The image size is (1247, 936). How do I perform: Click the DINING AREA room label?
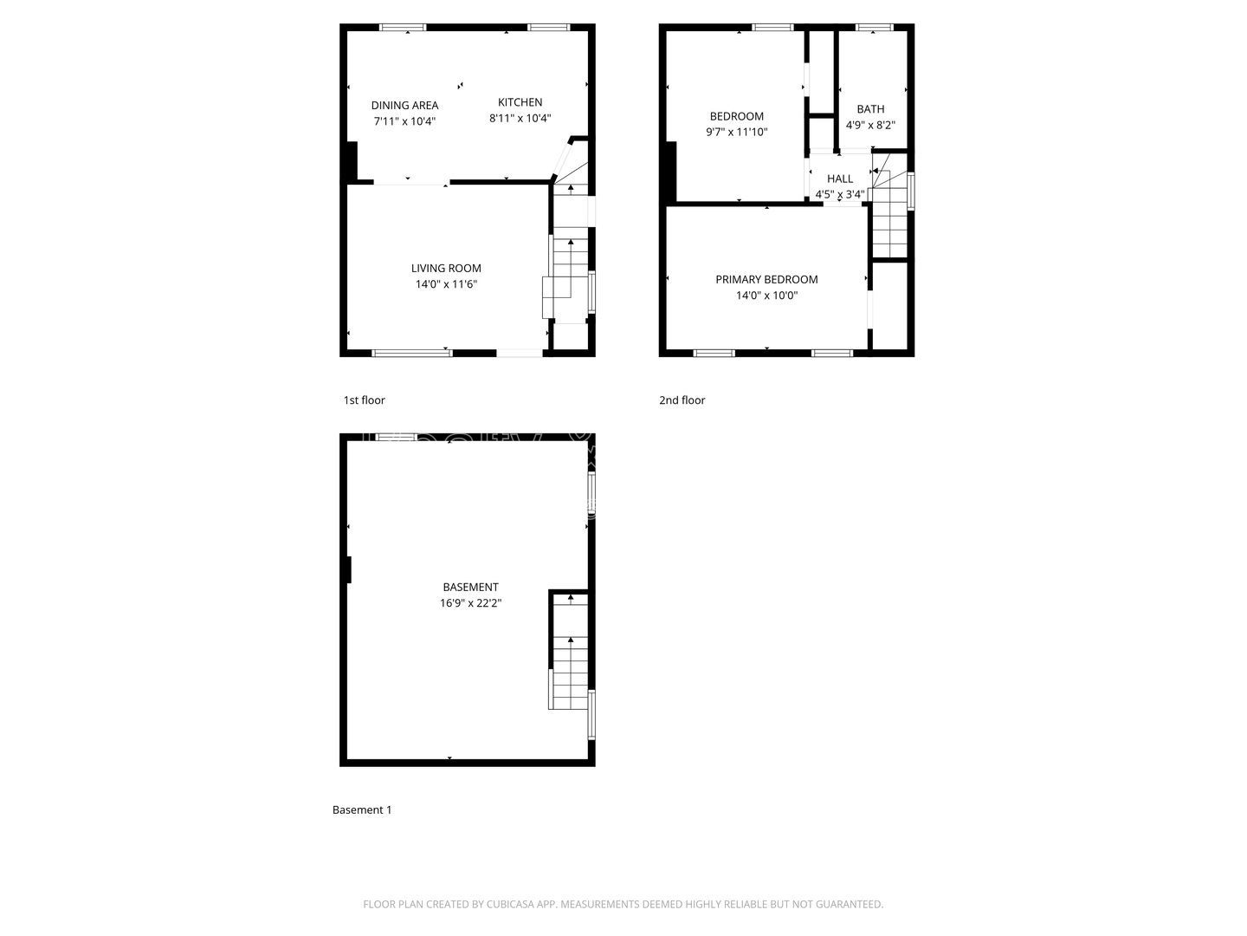pos(404,105)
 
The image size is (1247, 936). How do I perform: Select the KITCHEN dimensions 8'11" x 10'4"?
pos(520,119)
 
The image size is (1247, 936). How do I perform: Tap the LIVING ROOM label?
pos(446,268)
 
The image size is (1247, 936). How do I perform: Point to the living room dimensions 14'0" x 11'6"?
pos(446,284)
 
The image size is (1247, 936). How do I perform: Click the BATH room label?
pos(870,109)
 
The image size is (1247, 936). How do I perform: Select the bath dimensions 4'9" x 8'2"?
pos(870,125)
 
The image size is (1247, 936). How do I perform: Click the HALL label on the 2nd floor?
pos(839,179)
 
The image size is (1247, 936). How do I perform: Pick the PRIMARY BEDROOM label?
pos(766,279)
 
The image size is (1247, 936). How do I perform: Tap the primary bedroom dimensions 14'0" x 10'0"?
pos(766,296)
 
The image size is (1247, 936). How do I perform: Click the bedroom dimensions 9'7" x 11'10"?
pos(736,133)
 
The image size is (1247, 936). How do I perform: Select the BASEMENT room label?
pos(470,587)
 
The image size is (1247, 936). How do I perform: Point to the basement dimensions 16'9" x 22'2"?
pos(470,603)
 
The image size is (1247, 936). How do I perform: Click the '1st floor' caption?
pos(364,400)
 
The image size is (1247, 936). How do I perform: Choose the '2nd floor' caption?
pos(682,400)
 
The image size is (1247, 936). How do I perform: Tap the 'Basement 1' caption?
pos(362,810)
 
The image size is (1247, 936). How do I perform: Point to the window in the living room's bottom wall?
pos(412,353)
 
